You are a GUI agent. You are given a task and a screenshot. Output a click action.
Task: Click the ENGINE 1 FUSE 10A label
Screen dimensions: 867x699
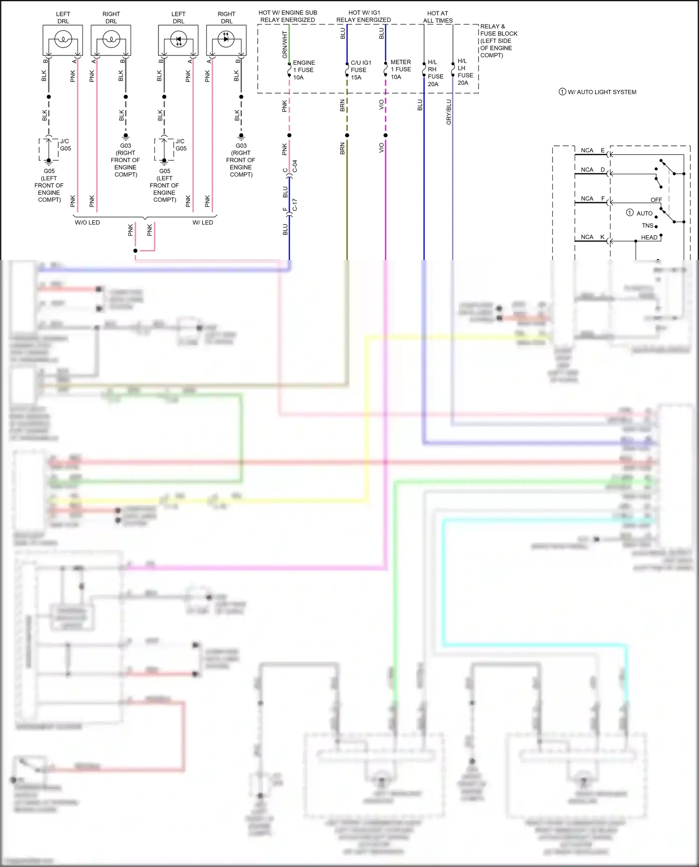(303, 70)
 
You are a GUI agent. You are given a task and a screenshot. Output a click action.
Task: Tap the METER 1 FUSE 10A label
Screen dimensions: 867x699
(400, 69)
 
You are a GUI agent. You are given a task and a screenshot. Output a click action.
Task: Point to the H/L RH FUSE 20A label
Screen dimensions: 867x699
(435, 73)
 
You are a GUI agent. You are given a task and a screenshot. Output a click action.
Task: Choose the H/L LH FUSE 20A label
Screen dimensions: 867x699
(465, 72)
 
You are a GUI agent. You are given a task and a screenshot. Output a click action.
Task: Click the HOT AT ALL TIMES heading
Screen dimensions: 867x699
(438, 17)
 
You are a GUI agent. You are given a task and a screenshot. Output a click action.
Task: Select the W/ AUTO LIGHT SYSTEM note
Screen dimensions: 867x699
(597, 92)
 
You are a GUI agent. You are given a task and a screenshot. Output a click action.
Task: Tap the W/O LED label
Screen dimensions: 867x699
(87, 223)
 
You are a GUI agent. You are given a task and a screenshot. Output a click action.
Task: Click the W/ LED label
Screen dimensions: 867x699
(203, 223)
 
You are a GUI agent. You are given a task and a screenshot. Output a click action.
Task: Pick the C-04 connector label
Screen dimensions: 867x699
(295, 166)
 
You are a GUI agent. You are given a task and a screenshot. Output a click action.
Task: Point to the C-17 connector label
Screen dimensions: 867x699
(295, 205)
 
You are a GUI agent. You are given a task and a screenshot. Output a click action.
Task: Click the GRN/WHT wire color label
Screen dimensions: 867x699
(285, 45)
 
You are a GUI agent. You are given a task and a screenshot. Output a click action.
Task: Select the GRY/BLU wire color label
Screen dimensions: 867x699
(449, 112)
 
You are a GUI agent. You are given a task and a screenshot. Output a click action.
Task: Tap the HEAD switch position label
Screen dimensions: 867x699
(649, 238)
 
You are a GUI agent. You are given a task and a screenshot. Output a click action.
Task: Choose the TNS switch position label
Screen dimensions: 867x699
(647, 226)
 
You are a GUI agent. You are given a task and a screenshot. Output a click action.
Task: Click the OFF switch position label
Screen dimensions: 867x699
(656, 200)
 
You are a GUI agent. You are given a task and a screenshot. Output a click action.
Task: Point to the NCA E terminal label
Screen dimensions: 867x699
(592, 150)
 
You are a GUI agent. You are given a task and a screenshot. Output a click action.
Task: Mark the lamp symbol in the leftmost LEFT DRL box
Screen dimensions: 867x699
(63, 40)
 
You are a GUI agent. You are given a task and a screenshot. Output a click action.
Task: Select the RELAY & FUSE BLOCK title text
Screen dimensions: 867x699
(498, 41)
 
